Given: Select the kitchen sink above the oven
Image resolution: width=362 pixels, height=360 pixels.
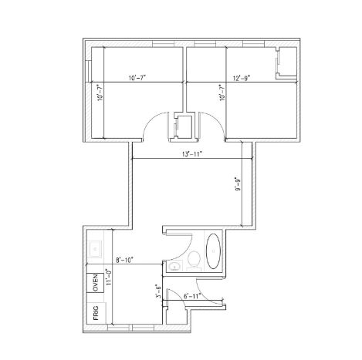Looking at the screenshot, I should point(96,248).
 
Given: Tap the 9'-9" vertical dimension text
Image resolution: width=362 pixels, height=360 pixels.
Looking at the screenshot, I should point(246,187).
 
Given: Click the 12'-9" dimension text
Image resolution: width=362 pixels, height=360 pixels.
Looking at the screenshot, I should point(243,77).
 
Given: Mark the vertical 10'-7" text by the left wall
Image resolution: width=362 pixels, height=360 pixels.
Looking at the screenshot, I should point(100,94).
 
